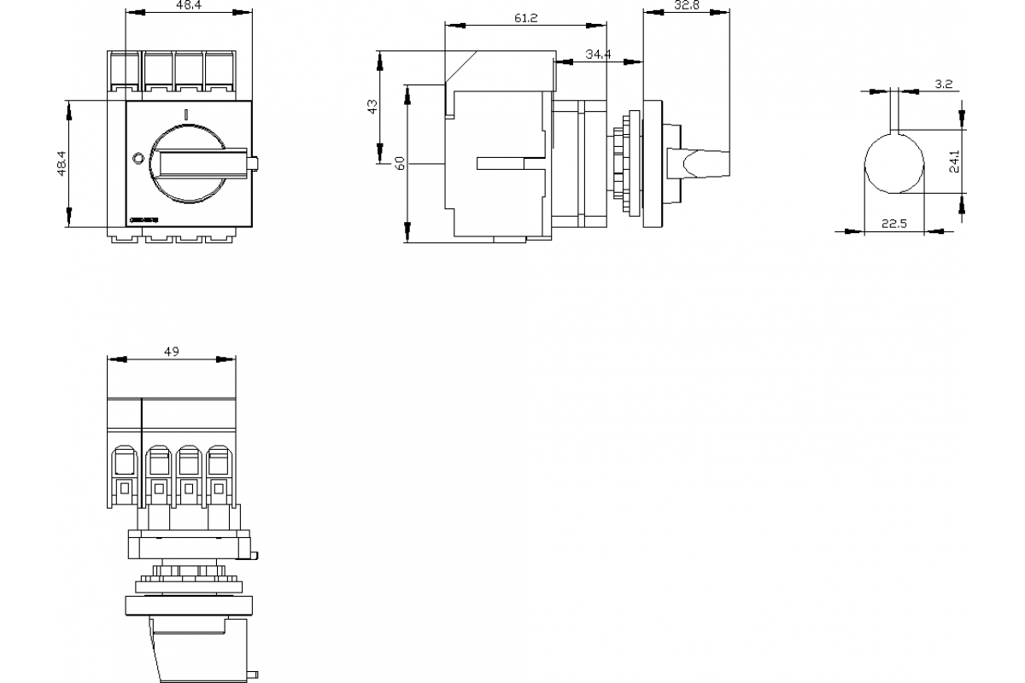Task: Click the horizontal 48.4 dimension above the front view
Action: [x=189, y=6]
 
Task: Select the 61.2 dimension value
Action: [x=526, y=19]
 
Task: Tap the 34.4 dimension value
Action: [x=598, y=55]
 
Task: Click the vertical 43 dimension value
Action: [x=372, y=107]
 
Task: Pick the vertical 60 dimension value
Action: [x=400, y=163]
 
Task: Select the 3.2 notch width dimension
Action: [x=944, y=84]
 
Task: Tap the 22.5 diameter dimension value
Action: [x=893, y=224]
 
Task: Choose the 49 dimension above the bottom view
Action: [x=171, y=352]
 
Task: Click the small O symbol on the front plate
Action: [x=138, y=158]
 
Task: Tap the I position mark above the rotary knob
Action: [x=185, y=113]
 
